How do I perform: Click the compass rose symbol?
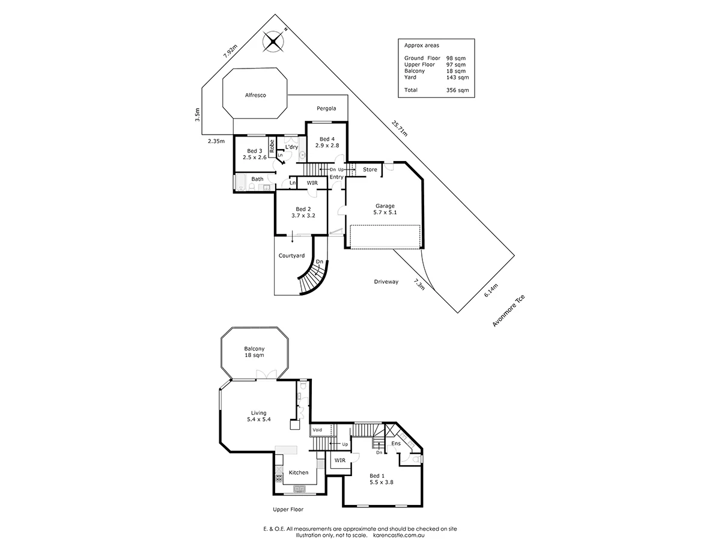pyautogui.click(x=275, y=41)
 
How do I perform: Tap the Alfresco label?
pyautogui.click(x=255, y=95)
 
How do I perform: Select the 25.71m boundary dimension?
pyautogui.click(x=400, y=129)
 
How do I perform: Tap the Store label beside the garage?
pyautogui.click(x=370, y=170)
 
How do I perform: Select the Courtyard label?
pyautogui.click(x=291, y=255)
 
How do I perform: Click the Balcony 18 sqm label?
pyautogui.click(x=254, y=352)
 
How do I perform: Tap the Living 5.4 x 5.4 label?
pyautogui.click(x=258, y=416)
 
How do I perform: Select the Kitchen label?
pyautogui.click(x=298, y=472)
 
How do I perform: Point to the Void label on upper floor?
pyautogui.click(x=317, y=430)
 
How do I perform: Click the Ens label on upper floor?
pyautogui.click(x=396, y=443)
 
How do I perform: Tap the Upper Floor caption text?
pyautogui.click(x=287, y=509)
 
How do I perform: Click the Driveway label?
pyautogui.click(x=386, y=281)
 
